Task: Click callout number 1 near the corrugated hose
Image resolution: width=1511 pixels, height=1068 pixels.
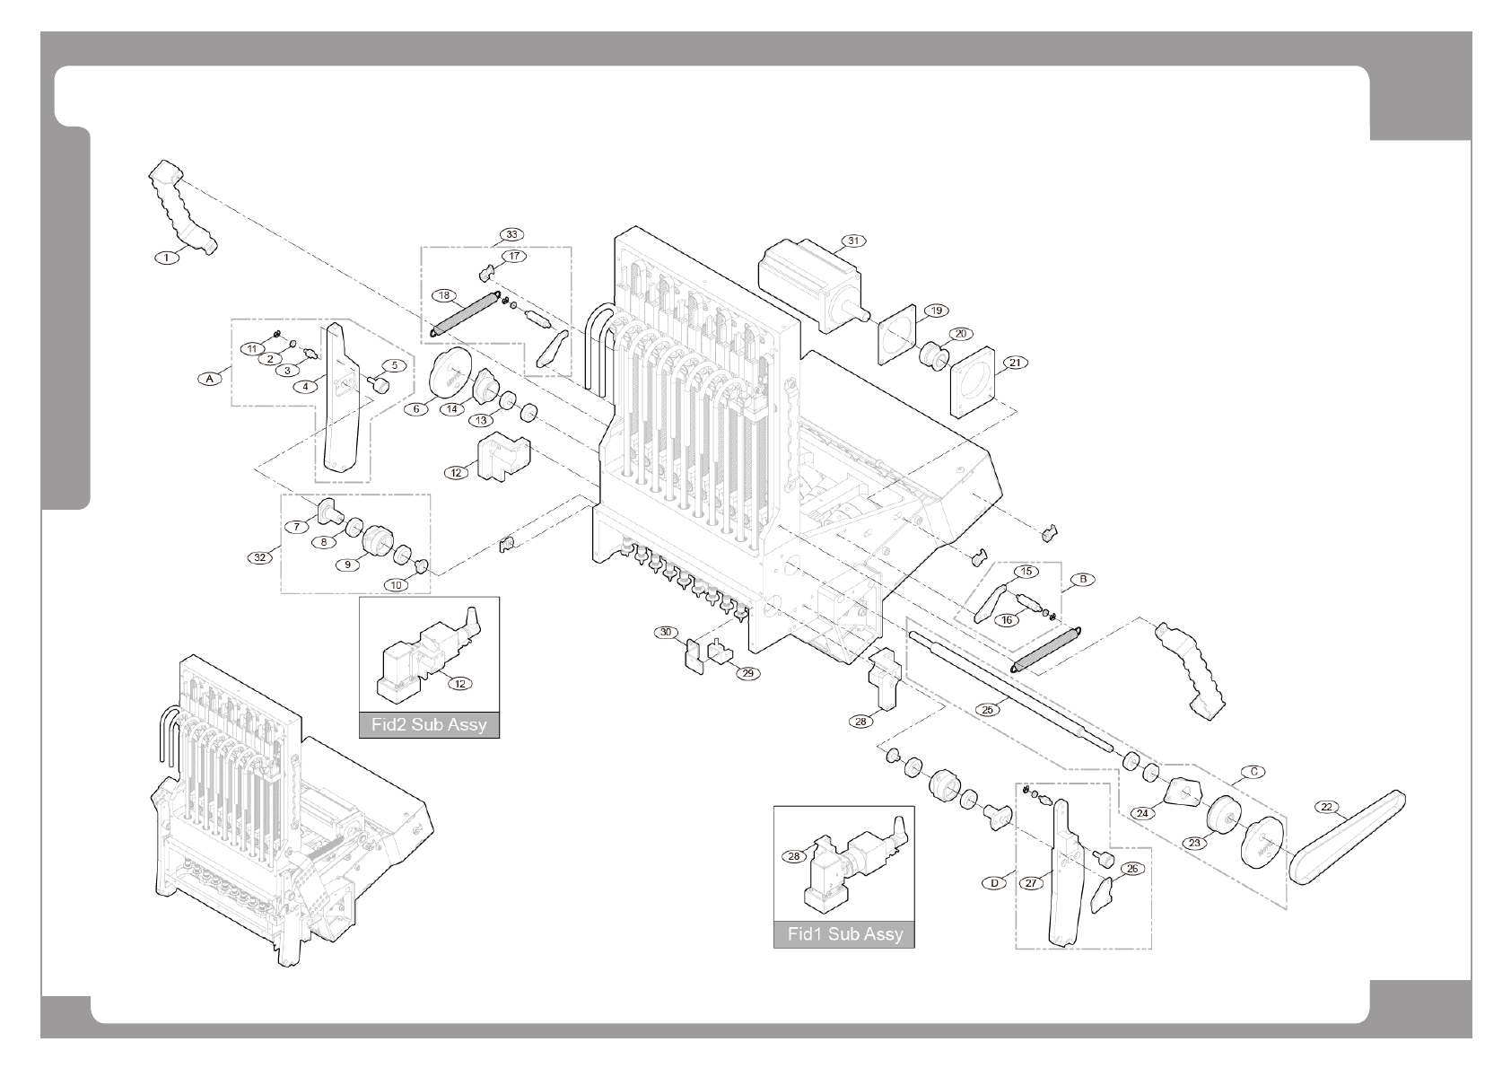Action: (165, 258)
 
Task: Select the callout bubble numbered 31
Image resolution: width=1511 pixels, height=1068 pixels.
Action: (853, 241)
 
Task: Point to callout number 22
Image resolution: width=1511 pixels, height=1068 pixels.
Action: (1326, 807)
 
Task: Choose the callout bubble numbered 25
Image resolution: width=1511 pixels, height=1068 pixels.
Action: (988, 709)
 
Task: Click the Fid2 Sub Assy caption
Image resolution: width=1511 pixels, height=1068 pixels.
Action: (429, 724)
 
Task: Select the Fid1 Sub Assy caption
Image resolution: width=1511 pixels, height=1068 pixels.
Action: (845, 934)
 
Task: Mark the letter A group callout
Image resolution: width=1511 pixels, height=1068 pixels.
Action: (209, 379)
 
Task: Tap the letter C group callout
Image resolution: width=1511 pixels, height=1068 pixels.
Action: (1254, 771)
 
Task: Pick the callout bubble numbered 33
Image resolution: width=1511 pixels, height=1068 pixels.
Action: (511, 234)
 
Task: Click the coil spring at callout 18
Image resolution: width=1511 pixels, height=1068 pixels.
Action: (466, 314)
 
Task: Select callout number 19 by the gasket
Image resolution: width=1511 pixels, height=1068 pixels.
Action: (936, 311)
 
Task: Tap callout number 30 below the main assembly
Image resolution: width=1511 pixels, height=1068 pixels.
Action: (665, 633)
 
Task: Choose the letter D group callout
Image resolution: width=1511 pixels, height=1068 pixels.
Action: (994, 883)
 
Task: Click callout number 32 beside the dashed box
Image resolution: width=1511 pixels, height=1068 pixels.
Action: (260, 557)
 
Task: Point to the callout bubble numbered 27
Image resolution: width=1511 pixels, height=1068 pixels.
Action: (1032, 883)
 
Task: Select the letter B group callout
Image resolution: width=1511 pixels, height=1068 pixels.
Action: (1083, 580)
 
